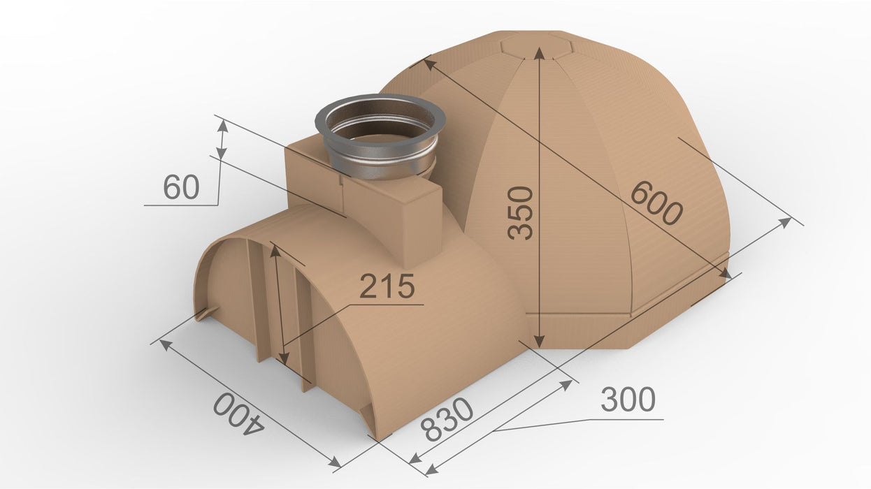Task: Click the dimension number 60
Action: (181, 187)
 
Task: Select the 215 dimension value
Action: (387, 286)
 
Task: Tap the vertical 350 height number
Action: (520, 212)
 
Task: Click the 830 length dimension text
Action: (447, 420)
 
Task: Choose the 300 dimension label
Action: (628, 399)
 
